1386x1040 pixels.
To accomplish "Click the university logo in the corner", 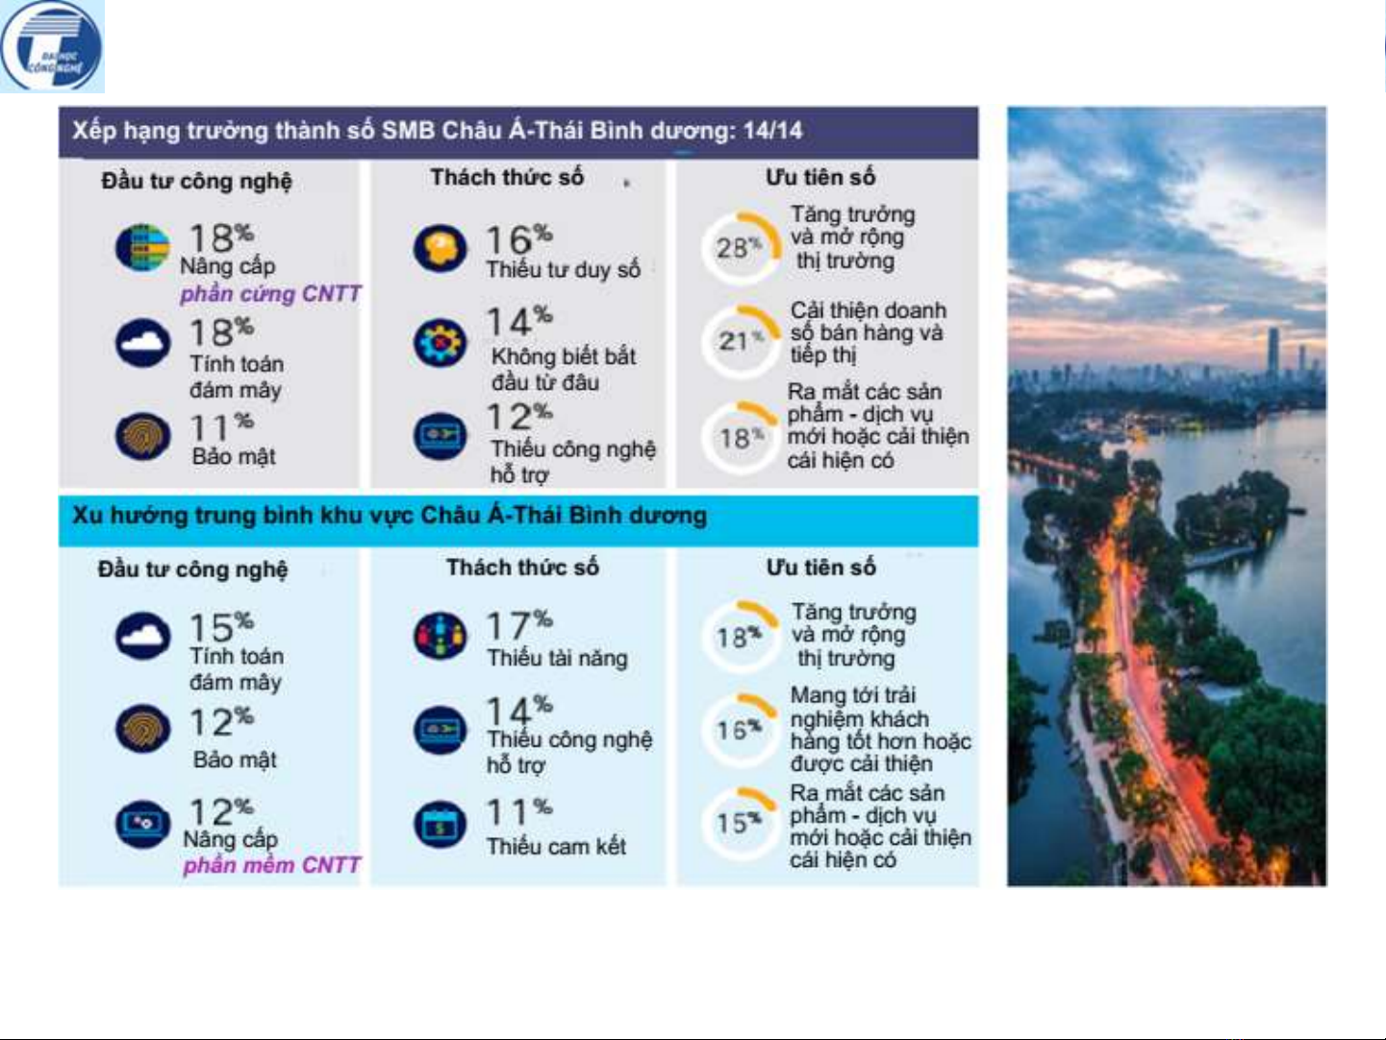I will coord(51,46).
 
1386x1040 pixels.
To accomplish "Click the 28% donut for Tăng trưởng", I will coord(738,247).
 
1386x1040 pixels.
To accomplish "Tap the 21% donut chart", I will coord(738,341).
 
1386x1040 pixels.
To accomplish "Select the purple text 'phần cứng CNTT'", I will coord(270,293).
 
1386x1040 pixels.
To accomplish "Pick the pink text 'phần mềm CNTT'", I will coord(272,865).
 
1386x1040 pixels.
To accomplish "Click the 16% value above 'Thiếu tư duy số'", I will coord(518,240).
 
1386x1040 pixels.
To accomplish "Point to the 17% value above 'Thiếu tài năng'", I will coord(518,625).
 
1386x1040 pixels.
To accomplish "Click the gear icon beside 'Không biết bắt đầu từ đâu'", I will coord(440,342).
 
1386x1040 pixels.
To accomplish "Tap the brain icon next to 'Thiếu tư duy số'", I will coord(440,248).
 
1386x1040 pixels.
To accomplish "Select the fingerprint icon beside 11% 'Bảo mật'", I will coord(142,435).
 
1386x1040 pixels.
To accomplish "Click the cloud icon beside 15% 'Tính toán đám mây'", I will coord(142,635).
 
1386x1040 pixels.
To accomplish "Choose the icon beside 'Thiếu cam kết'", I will coord(440,824).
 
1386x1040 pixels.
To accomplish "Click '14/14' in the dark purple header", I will coord(772,130).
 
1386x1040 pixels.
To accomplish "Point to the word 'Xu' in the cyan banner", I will coord(87,515).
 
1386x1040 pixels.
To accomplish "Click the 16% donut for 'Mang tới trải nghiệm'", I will coord(738,729).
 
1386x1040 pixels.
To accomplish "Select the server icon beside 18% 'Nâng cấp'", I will coord(142,247).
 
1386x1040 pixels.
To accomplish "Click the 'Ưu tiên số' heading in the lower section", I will coord(820,567).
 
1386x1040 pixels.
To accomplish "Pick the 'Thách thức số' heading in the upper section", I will coord(507,177).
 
